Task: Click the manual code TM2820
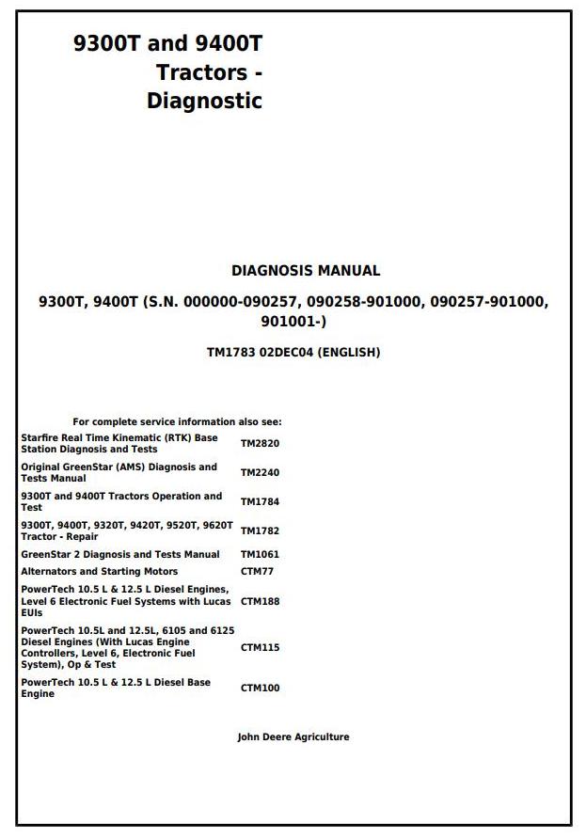[x=260, y=443]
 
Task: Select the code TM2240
[x=260, y=472]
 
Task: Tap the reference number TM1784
[x=260, y=501]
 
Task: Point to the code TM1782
[x=260, y=530]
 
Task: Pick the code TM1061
[x=260, y=554]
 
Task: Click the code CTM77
[x=257, y=571]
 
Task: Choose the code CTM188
[x=260, y=600]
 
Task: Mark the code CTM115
[x=260, y=647]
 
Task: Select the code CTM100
[x=260, y=688]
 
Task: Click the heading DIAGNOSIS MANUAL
[x=306, y=271]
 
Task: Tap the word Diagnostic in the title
[x=204, y=101]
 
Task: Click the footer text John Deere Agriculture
[x=293, y=737]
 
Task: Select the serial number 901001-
[x=293, y=322]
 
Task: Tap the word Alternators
[x=49, y=571]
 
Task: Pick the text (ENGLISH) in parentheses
[x=349, y=353]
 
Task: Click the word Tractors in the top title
[x=202, y=71]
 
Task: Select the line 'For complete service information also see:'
[x=177, y=422]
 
